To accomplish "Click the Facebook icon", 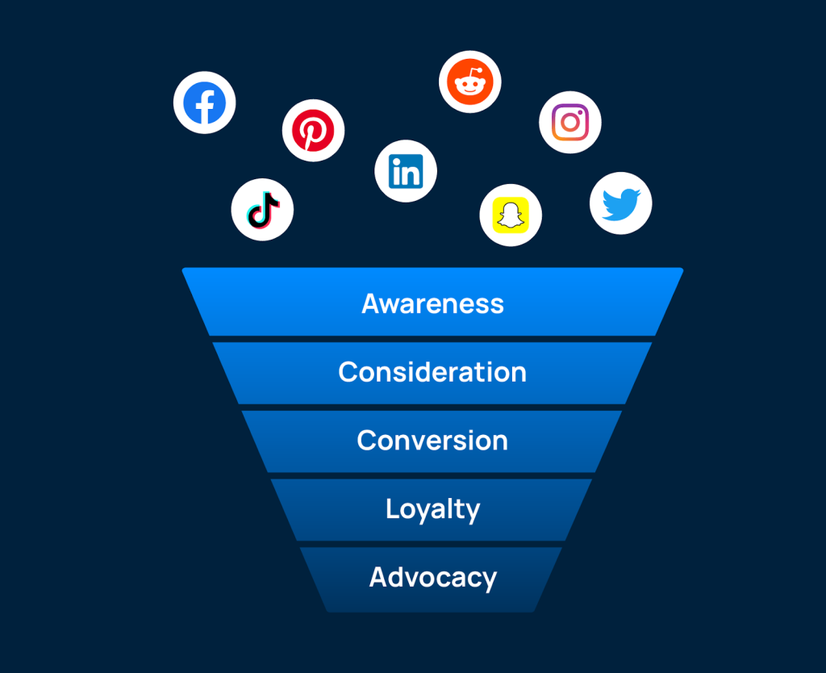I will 205,103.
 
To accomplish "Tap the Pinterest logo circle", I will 313,131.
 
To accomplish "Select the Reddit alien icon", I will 470,82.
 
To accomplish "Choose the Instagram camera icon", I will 570,122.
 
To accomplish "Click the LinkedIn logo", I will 406,171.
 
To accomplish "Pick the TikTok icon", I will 262,210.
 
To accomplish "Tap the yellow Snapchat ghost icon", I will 511,215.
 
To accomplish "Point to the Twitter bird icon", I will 621,203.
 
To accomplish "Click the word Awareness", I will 432,303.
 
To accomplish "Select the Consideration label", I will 432,372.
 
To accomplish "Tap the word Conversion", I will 432,441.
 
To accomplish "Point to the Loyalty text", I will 432,510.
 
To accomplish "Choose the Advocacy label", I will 432,578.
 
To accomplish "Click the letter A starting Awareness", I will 371,303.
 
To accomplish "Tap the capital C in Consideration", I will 348,372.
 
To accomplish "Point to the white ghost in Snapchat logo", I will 511,215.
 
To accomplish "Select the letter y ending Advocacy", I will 489,581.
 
